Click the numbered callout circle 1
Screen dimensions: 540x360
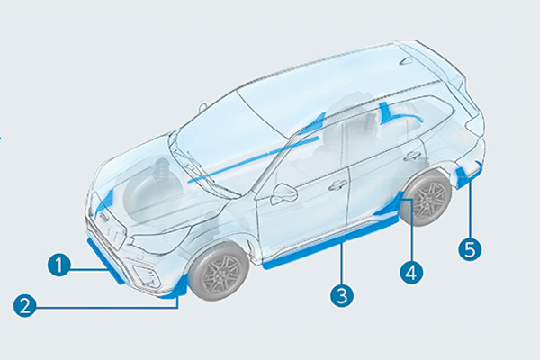(58, 265)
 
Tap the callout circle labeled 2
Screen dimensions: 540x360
(26, 306)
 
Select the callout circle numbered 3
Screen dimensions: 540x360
(340, 294)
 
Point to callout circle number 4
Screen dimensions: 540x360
(410, 271)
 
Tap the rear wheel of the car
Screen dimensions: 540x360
(426, 200)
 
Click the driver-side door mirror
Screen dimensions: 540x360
(284, 194)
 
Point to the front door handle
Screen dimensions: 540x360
(338, 185)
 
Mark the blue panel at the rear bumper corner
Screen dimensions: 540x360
(467, 174)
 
